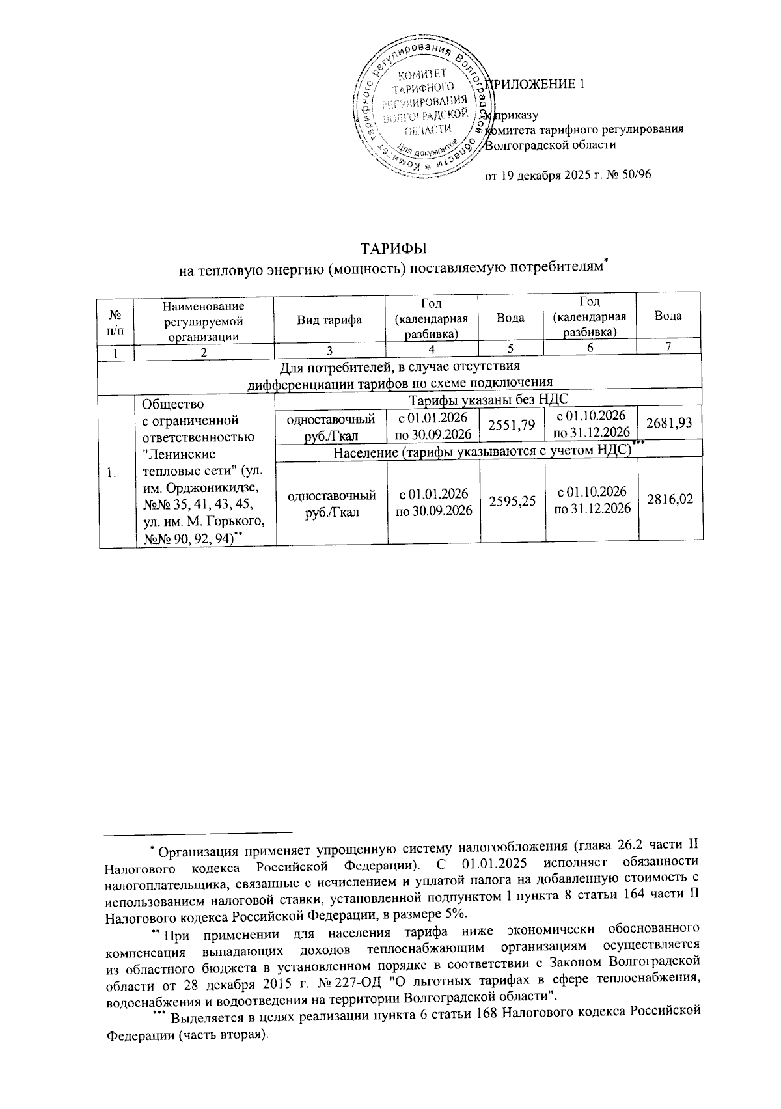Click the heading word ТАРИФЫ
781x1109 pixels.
click(393, 249)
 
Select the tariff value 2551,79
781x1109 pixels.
click(511, 424)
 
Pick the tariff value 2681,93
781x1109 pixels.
click(670, 424)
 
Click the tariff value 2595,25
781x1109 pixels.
click(511, 500)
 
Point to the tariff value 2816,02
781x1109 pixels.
click(670, 499)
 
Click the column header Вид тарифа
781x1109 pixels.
click(329, 318)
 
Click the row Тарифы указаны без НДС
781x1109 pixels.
click(488, 400)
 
